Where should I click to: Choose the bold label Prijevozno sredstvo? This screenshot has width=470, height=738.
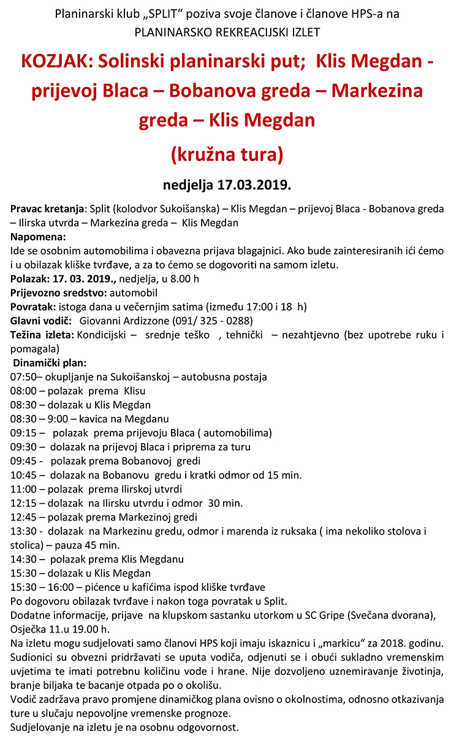[58, 292]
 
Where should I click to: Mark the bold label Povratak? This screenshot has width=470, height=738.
[34, 306]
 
